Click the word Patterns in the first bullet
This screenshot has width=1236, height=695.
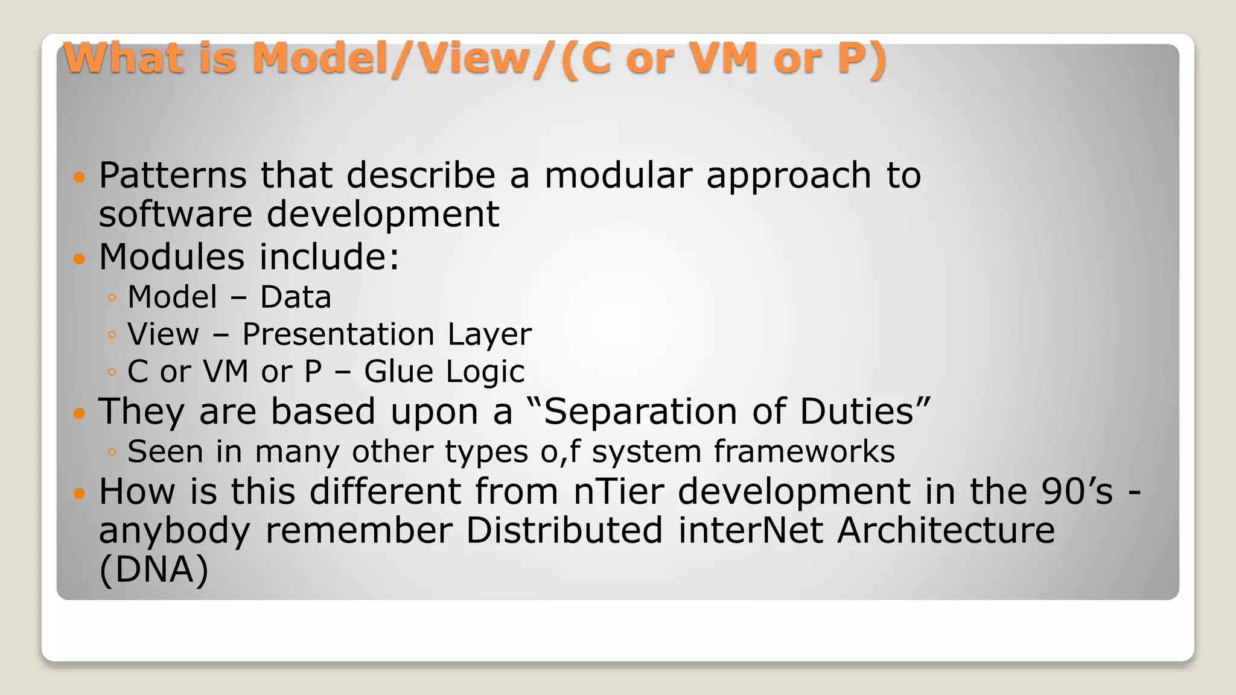[x=173, y=176]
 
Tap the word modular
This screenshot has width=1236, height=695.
[x=618, y=176]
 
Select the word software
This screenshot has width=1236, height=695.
[x=175, y=214]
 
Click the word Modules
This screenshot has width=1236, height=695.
[x=171, y=257]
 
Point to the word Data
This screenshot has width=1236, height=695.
[x=296, y=297]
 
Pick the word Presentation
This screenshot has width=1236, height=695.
[x=338, y=335]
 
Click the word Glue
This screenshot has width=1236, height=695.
[x=398, y=372]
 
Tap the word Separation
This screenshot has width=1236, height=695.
[x=640, y=412]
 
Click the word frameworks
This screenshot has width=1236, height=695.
[x=804, y=451]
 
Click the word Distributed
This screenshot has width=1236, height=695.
[x=564, y=531]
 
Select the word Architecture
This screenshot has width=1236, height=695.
[x=946, y=531]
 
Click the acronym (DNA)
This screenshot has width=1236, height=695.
[x=154, y=570]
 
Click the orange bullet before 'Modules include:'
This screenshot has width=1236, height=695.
[x=79, y=259]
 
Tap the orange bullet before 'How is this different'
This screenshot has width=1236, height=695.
[x=79, y=493]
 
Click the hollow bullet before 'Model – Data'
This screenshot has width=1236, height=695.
[x=112, y=297]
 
